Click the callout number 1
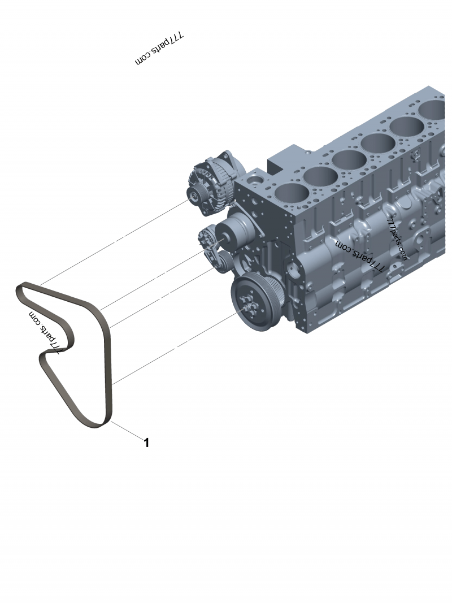coord(146,443)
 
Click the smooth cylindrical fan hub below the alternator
coord(234,233)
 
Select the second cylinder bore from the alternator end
coord(321,176)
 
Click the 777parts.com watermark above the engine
coord(159,49)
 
